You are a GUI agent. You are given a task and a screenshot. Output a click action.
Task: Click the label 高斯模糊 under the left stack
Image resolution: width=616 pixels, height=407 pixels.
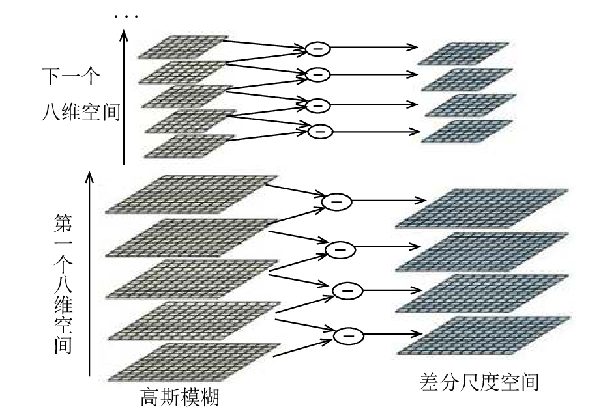pyautogui.click(x=179, y=397)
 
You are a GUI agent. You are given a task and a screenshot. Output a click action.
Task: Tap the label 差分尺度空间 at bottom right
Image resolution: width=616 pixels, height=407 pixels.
pyautogui.click(x=479, y=382)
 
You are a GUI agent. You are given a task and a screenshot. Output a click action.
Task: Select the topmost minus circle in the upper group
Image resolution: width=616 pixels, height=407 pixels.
pyautogui.click(x=318, y=48)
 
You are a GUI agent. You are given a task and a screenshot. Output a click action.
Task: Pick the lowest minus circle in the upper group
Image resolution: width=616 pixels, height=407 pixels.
pyautogui.click(x=320, y=131)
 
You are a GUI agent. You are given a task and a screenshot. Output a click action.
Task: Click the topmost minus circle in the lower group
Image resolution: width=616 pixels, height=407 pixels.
pyautogui.click(x=336, y=201)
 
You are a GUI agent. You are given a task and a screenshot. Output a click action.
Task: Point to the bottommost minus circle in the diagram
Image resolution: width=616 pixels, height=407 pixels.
pyautogui.click(x=349, y=335)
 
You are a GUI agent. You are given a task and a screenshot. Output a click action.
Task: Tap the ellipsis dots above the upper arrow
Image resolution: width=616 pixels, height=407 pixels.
pyautogui.click(x=126, y=16)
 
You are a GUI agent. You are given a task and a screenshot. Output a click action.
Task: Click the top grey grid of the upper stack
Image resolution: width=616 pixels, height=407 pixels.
pyautogui.click(x=183, y=47)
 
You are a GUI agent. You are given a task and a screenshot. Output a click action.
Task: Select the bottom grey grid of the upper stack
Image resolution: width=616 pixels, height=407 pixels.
pyautogui.click(x=189, y=146)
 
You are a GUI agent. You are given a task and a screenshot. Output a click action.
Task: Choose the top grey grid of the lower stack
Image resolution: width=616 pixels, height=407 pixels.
pyautogui.click(x=192, y=194)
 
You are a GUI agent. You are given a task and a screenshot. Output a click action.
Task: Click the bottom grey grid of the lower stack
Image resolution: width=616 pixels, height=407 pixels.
pyautogui.click(x=194, y=362)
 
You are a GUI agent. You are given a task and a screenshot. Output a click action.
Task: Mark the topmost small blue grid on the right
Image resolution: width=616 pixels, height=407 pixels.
pyautogui.click(x=463, y=53)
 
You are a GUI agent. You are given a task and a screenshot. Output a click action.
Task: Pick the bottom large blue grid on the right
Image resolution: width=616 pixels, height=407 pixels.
pyautogui.click(x=484, y=335)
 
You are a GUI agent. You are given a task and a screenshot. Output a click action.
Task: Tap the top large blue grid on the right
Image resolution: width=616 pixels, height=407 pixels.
pyautogui.click(x=481, y=208)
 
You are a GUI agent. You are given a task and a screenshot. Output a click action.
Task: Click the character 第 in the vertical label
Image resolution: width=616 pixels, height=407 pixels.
pyautogui.click(x=63, y=223)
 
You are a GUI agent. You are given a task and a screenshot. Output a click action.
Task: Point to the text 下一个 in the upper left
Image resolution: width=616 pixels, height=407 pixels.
pyautogui.click(x=71, y=76)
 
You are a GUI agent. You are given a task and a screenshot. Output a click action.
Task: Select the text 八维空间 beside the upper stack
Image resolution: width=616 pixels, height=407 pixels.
pyautogui.click(x=81, y=111)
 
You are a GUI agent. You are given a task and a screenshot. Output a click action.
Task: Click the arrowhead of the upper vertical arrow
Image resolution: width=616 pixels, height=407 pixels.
pyautogui.click(x=124, y=35)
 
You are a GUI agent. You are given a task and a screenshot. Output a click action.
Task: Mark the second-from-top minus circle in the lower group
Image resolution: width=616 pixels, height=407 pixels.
pyautogui.click(x=340, y=249)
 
